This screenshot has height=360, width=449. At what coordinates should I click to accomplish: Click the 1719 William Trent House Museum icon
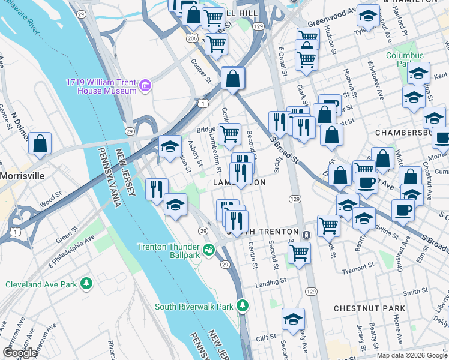point(145,87)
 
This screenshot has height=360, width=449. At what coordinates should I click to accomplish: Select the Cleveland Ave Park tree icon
point(87,283)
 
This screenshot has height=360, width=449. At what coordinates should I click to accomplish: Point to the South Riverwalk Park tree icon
point(243,306)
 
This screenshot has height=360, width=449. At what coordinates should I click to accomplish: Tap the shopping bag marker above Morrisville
point(40,144)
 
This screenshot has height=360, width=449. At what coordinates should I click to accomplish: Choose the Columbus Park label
point(405,59)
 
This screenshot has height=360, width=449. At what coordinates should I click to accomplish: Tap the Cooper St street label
point(201,71)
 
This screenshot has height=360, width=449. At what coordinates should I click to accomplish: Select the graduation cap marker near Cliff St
point(293,319)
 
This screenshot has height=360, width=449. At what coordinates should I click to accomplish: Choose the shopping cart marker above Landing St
point(299,252)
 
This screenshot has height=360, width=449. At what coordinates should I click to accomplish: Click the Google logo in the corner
point(20,353)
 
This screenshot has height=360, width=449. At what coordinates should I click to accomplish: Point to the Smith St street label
point(415,292)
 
